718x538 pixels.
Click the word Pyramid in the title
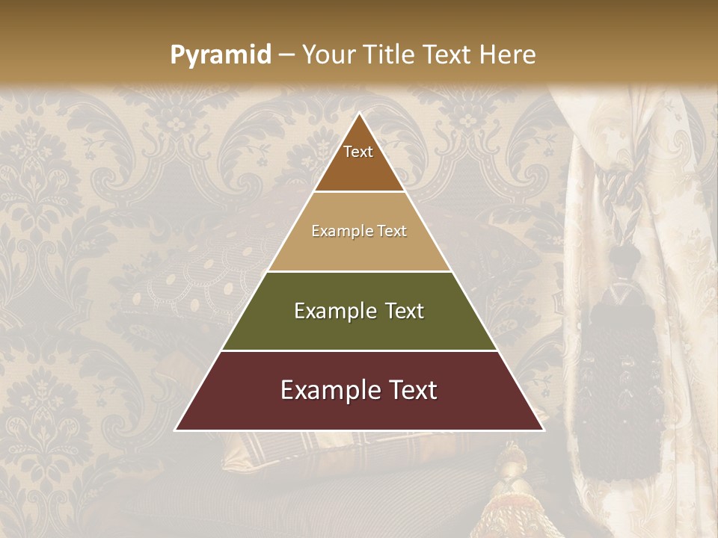click(220, 55)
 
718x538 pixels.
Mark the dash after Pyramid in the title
click(286, 55)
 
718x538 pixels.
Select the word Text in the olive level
click(405, 311)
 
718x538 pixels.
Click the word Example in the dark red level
click(329, 390)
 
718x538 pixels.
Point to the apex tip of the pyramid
click(359, 114)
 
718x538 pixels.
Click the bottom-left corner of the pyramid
click(177, 430)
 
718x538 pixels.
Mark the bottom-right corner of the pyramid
click(542, 430)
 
